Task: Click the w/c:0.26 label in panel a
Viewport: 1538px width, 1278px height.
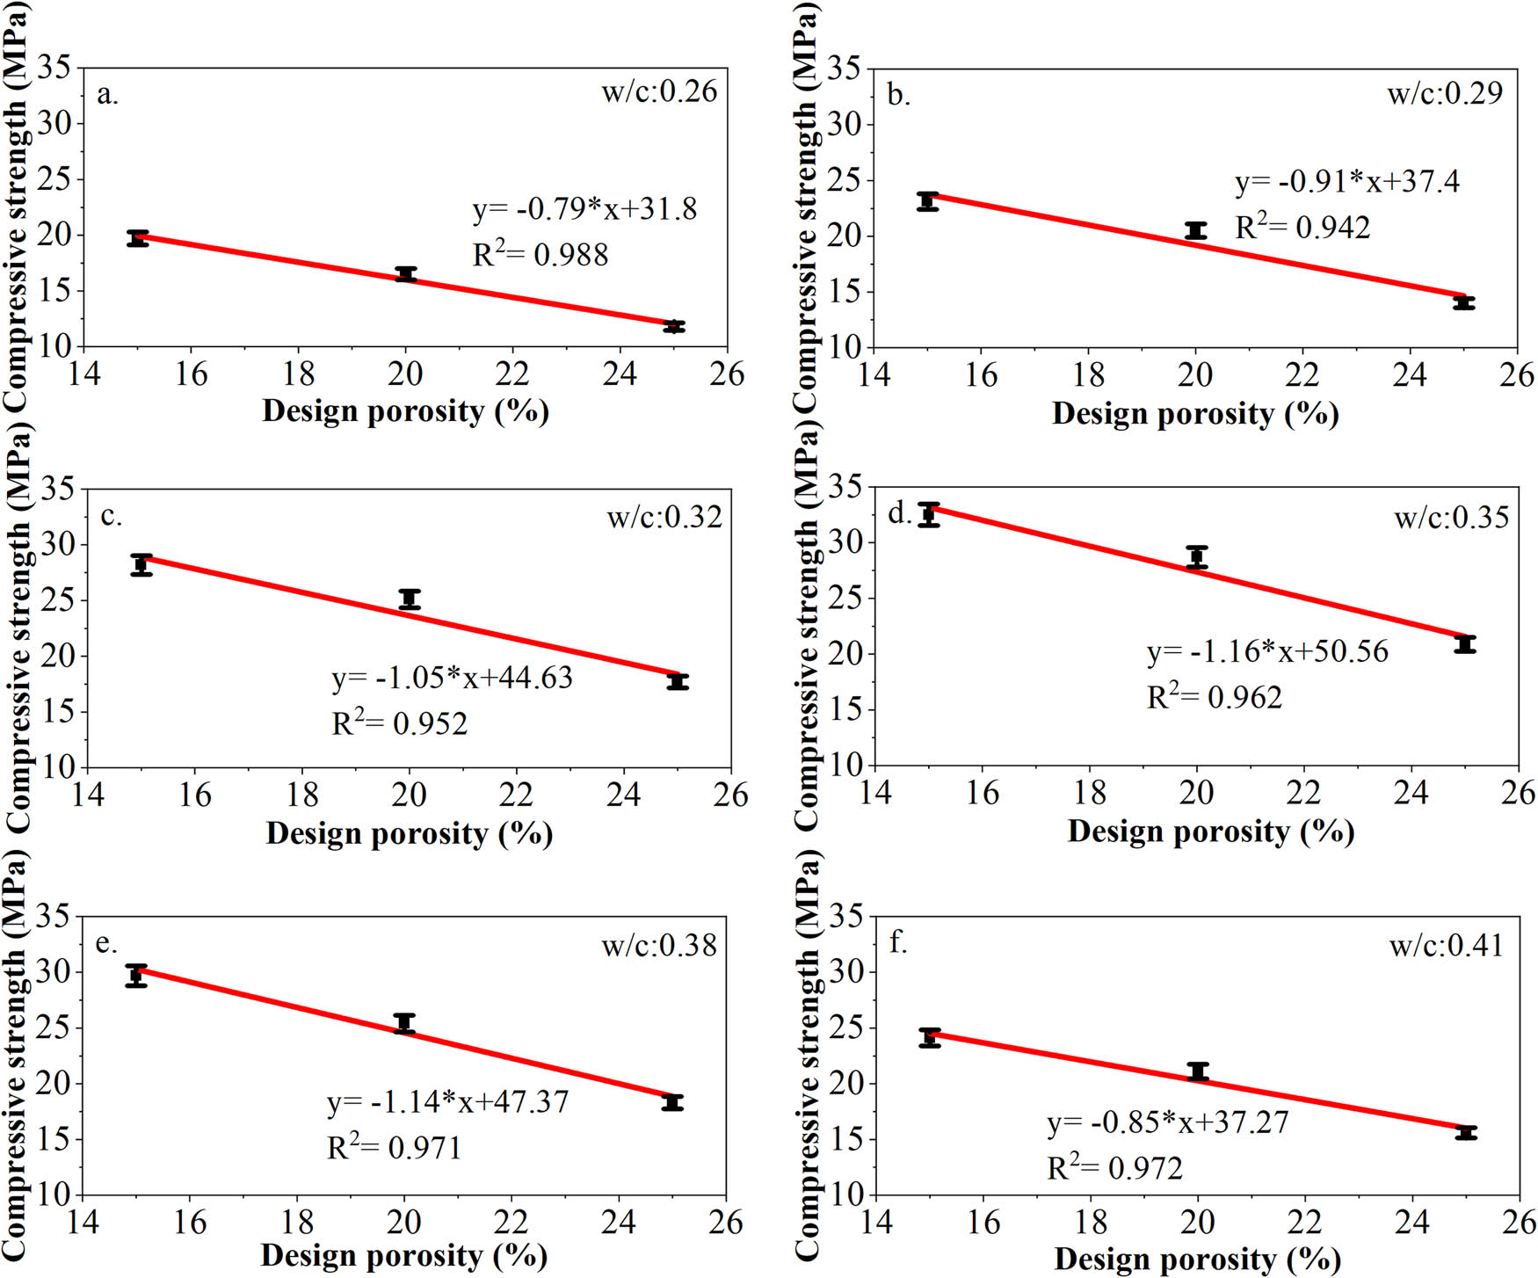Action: (659, 91)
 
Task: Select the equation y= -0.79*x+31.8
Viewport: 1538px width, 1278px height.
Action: (584, 209)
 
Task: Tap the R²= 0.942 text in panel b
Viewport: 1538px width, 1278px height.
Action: (1302, 228)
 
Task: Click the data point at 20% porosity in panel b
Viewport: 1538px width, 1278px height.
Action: (1195, 230)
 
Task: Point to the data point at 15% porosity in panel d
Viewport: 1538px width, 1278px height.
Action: (929, 514)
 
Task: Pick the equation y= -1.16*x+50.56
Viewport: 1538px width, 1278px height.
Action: (1267, 651)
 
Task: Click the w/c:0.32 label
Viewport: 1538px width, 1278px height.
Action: (664, 517)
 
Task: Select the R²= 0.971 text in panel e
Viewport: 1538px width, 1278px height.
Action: (394, 1147)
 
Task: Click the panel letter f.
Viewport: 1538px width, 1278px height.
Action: (897, 943)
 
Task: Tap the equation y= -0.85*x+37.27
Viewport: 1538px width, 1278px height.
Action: (1167, 1122)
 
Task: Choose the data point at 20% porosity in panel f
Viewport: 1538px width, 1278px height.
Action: (1198, 1071)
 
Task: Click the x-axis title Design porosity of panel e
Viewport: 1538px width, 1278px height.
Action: (404, 1256)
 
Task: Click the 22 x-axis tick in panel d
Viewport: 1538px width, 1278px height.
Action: (1303, 793)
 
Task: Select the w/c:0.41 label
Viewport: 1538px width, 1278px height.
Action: (1446, 946)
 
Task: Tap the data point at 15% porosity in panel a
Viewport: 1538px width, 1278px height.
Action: (137, 237)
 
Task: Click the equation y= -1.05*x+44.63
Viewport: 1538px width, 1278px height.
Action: (452, 678)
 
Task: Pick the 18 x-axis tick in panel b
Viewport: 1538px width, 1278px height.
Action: (1088, 375)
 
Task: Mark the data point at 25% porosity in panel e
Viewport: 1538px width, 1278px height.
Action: (672, 1102)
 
